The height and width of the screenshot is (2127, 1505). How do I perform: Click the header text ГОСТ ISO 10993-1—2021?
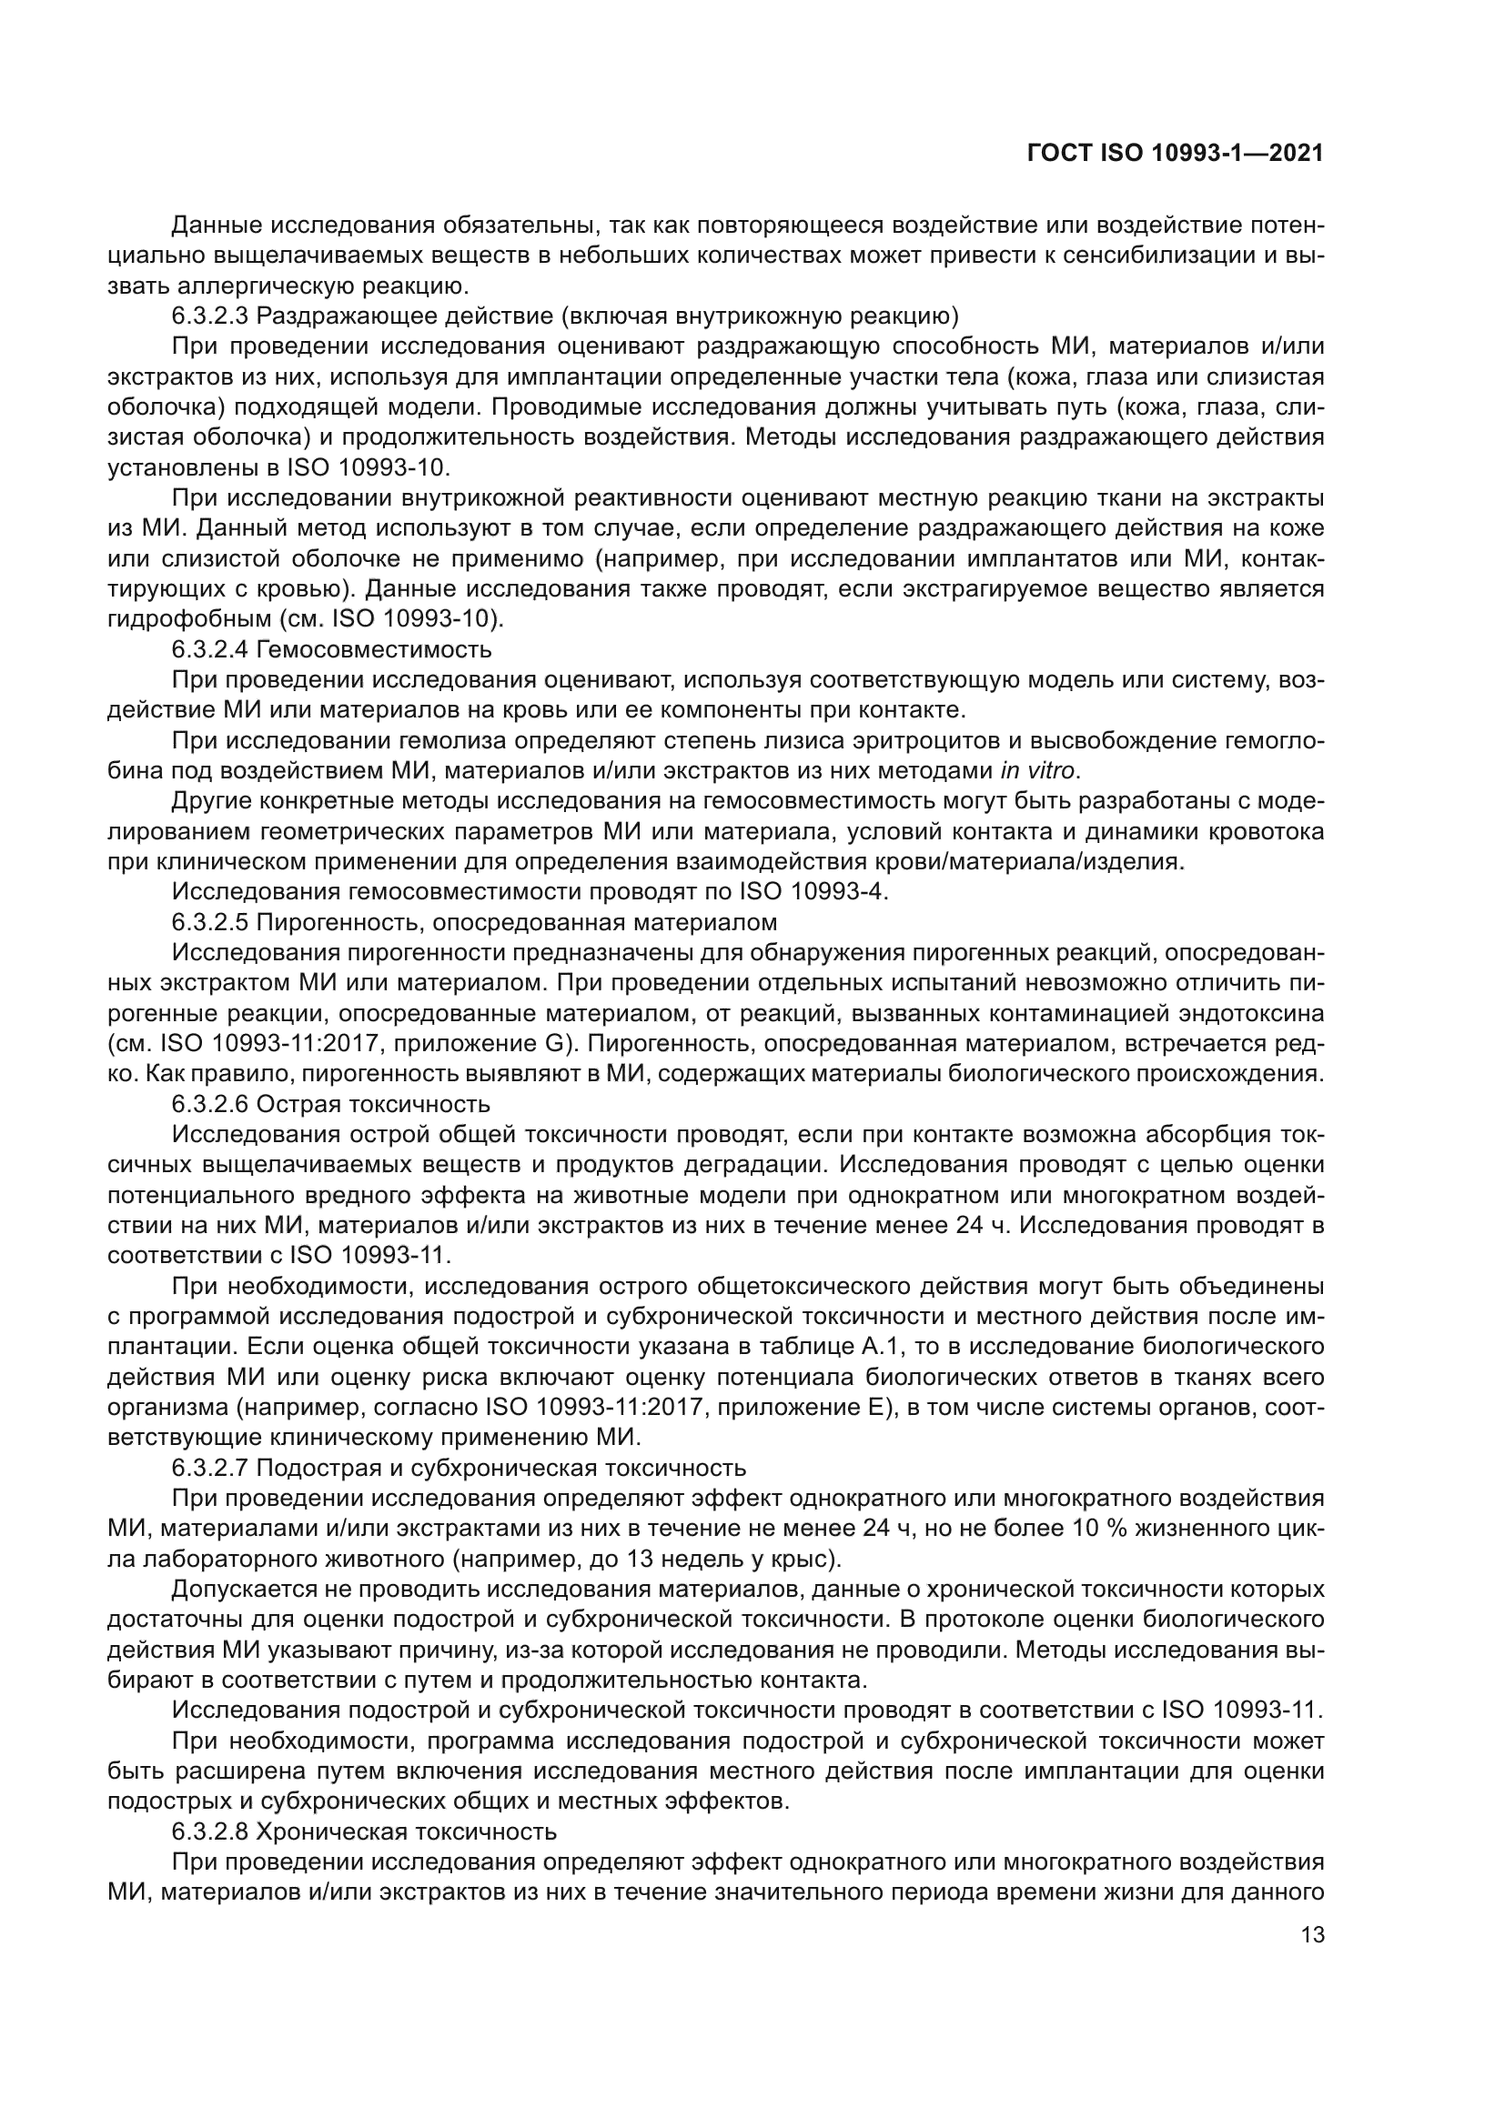point(1174,154)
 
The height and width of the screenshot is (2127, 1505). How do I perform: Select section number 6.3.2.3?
point(210,316)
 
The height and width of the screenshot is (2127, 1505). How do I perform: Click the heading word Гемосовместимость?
point(374,649)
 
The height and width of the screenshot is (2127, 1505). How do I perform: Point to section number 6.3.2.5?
point(210,922)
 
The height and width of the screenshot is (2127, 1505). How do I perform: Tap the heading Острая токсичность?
point(373,1104)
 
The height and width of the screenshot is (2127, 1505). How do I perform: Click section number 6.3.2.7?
point(210,1468)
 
